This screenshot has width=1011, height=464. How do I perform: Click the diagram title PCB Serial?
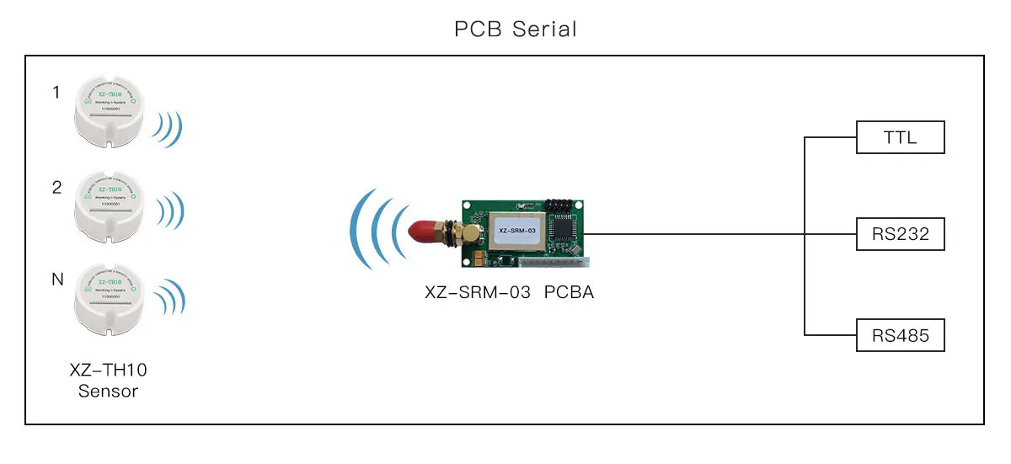tap(515, 29)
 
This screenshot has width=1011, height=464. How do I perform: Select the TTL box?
tap(900, 137)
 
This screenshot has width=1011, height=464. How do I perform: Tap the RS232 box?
tap(900, 234)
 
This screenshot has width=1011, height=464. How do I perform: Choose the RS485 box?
tap(900, 336)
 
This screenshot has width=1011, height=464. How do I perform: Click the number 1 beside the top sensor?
tap(56, 93)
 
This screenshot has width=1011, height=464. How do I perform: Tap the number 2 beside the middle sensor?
tap(56, 188)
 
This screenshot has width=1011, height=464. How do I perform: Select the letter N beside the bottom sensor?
tap(57, 280)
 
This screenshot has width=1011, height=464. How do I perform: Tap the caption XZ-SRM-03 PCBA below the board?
tap(509, 293)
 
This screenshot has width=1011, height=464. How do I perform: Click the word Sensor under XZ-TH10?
tap(108, 391)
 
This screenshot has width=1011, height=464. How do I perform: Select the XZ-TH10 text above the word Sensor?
tap(108, 370)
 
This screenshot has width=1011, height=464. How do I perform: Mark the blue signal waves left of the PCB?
tap(377, 229)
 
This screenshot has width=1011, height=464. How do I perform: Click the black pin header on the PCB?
tap(562, 205)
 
